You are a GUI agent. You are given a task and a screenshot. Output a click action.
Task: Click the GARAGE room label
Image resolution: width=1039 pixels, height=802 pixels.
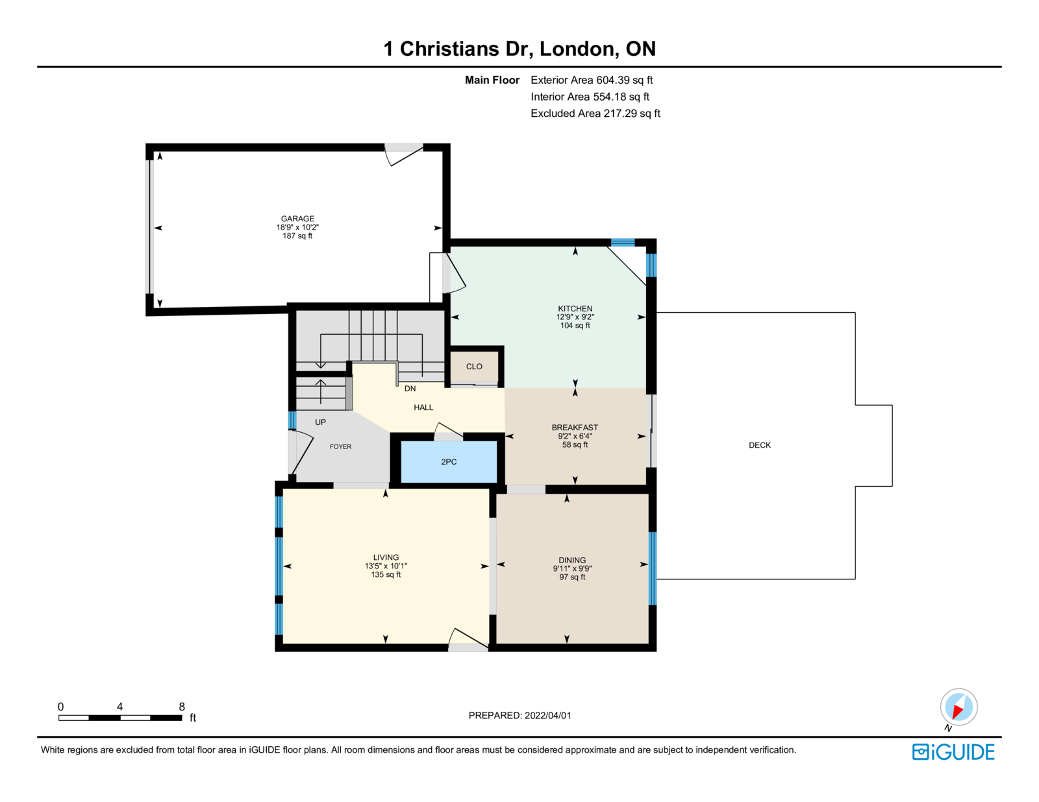[x=297, y=218]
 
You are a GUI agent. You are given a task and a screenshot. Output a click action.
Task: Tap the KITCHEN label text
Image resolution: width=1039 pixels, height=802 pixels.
[x=575, y=309]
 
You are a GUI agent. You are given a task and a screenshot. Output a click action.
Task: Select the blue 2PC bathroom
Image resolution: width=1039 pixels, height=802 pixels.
[x=449, y=462]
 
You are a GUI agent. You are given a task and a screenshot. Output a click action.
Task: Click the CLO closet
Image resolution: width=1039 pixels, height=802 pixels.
[x=474, y=367]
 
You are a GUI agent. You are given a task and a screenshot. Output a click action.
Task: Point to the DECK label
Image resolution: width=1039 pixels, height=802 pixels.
[x=760, y=445]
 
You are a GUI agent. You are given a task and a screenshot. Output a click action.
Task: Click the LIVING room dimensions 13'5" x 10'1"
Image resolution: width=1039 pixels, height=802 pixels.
[x=386, y=566]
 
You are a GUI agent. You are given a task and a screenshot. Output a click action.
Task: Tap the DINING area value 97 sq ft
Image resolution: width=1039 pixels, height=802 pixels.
[x=572, y=577]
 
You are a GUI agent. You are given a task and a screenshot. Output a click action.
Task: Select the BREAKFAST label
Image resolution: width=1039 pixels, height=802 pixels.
[x=575, y=428]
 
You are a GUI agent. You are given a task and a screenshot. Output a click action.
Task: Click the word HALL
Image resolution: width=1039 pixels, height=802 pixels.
[x=423, y=407]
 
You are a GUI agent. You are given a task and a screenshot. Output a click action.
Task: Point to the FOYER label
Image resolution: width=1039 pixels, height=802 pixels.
[x=340, y=446]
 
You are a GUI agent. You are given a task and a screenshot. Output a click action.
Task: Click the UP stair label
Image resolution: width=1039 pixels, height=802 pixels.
[x=320, y=422]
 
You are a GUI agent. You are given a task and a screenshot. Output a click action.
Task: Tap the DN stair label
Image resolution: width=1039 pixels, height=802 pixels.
[x=410, y=389]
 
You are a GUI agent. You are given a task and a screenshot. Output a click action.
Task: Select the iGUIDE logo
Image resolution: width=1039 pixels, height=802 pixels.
[x=953, y=752]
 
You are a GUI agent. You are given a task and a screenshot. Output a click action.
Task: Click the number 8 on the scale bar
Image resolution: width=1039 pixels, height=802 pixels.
[x=182, y=707]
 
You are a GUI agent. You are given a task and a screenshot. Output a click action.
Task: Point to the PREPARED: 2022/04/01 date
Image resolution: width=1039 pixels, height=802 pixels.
[x=519, y=716]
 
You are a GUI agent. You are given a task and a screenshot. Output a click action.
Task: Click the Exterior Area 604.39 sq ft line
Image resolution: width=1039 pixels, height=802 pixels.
[x=592, y=80]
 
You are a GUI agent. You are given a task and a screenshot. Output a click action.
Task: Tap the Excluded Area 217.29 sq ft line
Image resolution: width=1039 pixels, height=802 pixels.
[x=595, y=114]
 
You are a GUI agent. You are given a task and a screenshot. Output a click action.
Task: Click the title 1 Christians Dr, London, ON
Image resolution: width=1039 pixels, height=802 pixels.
[x=519, y=49]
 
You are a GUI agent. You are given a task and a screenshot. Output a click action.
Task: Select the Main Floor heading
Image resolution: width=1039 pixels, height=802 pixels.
[x=492, y=80]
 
